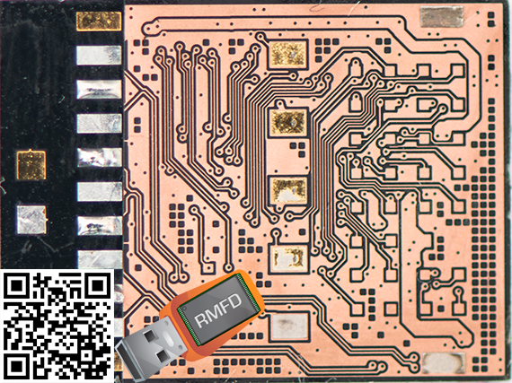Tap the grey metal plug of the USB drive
tap(148, 352)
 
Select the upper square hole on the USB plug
tap(151, 336)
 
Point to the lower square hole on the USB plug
tap(163, 356)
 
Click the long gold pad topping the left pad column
tap(99, 22)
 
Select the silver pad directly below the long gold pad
tap(99, 56)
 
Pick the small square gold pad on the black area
tap(31, 165)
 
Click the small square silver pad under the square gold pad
tap(31, 220)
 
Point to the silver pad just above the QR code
tap(100, 260)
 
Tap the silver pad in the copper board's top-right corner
tap(442, 17)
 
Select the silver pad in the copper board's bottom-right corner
tap(444, 363)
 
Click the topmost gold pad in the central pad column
tap(288, 55)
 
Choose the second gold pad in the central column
tap(288, 122)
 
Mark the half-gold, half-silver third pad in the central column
tap(288, 190)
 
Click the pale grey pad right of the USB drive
tap(289, 326)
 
